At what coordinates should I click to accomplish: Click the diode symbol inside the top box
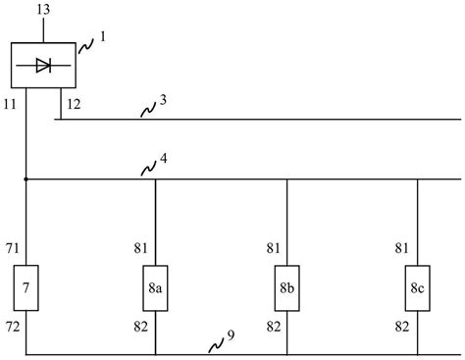tap(44, 66)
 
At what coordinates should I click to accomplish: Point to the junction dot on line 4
tap(26, 180)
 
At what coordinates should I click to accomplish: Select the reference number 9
tap(231, 336)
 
